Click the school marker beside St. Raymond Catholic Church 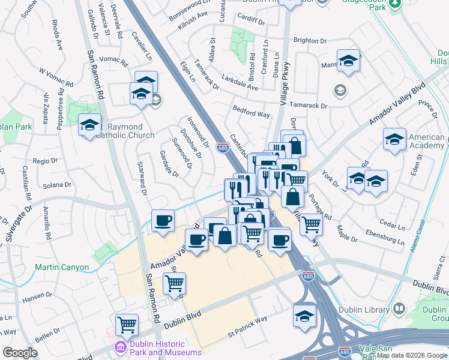click(x=89, y=125)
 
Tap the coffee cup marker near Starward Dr click(x=163, y=221)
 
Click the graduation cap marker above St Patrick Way click(x=304, y=315)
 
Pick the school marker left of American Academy click(x=394, y=140)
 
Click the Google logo click(x=20, y=353)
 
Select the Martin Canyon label click(x=62, y=267)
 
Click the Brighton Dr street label click(x=310, y=40)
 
